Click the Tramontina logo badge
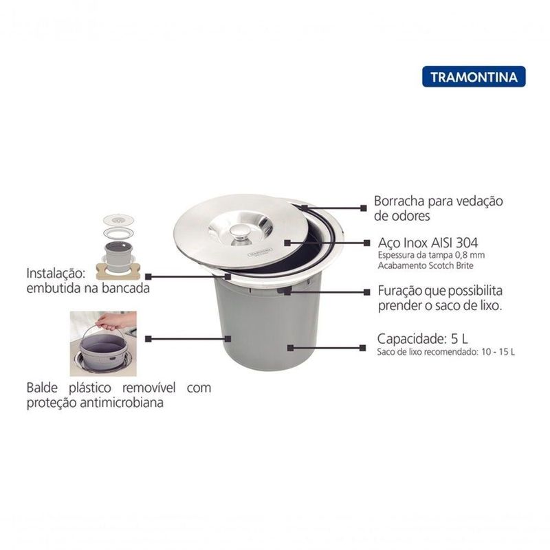tap(474, 76)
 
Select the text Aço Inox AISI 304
tap(428, 243)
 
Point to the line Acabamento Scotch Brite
tap(426, 265)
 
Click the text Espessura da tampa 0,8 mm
tap(431, 255)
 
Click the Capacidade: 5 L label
tap(422, 339)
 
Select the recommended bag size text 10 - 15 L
tap(498, 352)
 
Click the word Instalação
tap(56, 274)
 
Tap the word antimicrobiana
tap(122, 402)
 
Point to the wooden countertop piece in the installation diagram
tap(118, 272)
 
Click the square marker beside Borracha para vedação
tap(364, 208)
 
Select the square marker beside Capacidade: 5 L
tap(363, 348)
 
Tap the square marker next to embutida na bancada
tap(148, 277)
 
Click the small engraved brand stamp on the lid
tap(260, 253)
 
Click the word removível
tap(149, 388)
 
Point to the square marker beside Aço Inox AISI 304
tap(367, 243)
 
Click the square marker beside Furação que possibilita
tap(367, 291)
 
